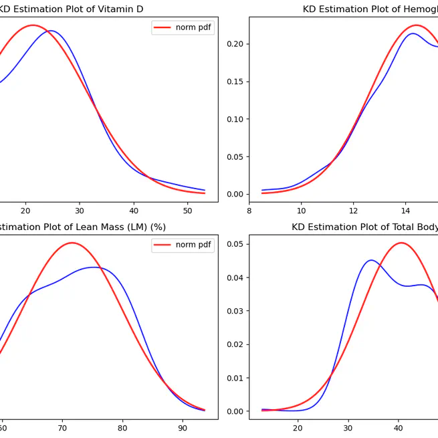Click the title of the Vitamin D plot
click(x=70, y=9)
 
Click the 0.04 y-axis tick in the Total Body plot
click(x=234, y=278)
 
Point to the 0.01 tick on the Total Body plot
click(x=234, y=378)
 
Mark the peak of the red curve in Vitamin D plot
click(x=32, y=25)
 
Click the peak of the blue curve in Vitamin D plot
click(x=51, y=31)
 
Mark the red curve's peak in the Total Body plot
click(x=401, y=243)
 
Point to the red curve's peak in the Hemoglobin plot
click(x=415, y=25)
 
